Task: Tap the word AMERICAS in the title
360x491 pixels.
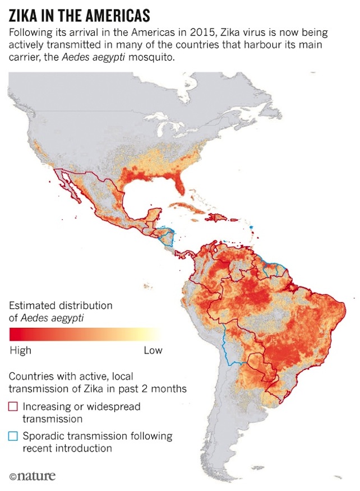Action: [x=117, y=13]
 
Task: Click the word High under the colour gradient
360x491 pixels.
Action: [x=21, y=351]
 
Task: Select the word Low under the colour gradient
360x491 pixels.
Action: [x=153, y=351]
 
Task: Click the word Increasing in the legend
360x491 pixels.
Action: [x=44, y=406]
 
